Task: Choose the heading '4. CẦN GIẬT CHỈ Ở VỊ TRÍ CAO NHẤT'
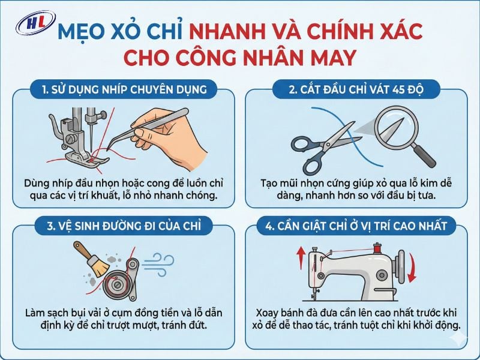point(355,226)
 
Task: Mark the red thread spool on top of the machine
point(376,247)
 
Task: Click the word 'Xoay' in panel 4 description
point(269,313)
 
